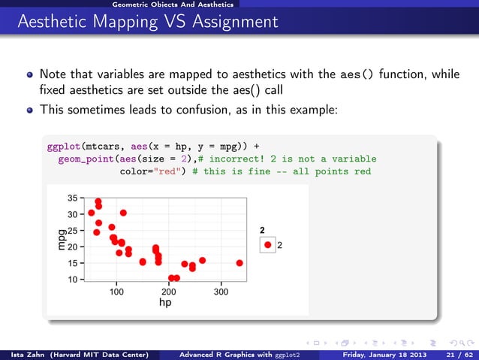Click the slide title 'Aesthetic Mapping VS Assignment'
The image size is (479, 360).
click(143, 20)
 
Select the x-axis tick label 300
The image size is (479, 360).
click(220, 292)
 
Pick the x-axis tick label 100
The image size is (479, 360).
click(117, 292)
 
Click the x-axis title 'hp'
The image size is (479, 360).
click(166, 303)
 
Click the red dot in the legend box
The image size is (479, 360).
click(268, 245)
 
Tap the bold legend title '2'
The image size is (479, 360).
click(262, 231)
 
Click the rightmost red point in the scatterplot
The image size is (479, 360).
click(239, 263)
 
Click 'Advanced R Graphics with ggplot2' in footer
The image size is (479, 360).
click(246, 354)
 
